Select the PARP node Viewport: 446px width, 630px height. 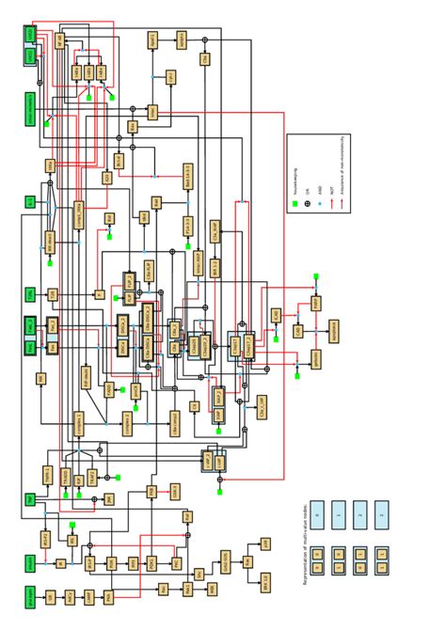(316, 303)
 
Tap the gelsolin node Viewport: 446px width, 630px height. (316, 358)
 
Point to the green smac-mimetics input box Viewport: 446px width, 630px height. (30, 110)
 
